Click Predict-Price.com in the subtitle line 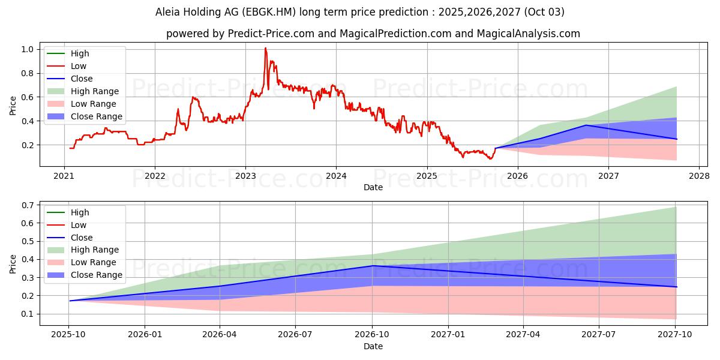point(271,34)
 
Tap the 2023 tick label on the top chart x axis point(245,176)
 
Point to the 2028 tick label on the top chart point(699,176)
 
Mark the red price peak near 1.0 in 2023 point(265,48)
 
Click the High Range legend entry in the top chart point(94,91)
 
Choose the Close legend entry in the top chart point(82,79)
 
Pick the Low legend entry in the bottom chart point(79,225)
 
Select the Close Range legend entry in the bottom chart point(96,275)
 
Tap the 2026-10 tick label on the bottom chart point(373,334)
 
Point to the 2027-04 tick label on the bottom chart point(524,334)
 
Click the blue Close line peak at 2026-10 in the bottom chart point(373,266)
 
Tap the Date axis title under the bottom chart point(373,346)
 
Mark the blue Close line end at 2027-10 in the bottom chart point(676,287)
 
